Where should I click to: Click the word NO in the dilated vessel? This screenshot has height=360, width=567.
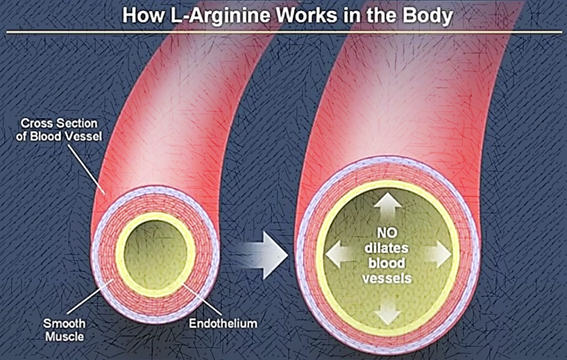pyautogui.click(x=388, y=234)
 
